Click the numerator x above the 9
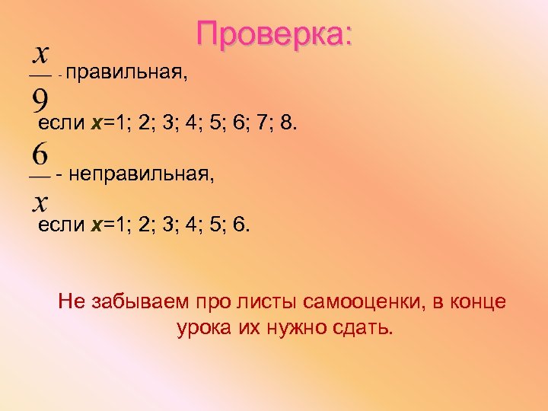40,55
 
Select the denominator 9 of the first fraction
41,97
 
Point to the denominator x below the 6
40,201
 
